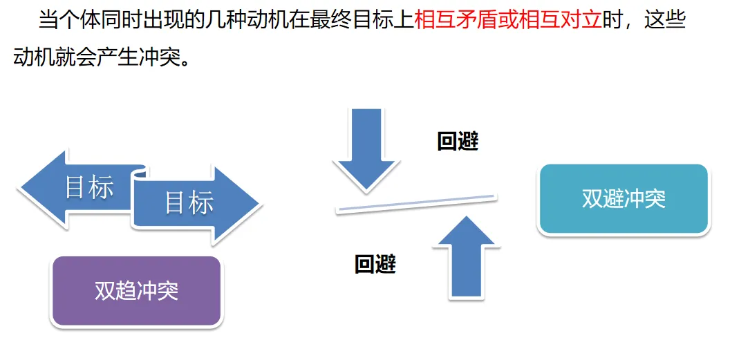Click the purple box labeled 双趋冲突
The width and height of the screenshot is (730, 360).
(137, 291)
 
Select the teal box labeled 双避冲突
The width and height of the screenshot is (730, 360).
(624, 200)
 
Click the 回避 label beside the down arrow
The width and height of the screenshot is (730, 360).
(458, 141)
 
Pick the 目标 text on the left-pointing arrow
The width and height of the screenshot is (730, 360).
(89, 187)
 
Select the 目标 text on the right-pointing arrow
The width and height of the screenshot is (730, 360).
(189, 203)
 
